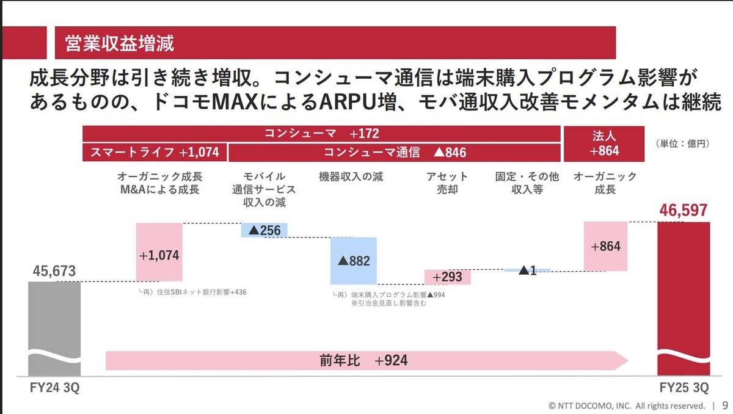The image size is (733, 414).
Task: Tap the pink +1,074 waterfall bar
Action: click(x=159, y=252)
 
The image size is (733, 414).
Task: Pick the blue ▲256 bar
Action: click(x=264, y=230)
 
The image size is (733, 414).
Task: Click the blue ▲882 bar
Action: click(x=354, y=261)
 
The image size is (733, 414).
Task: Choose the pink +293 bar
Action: click(x=448, y=277)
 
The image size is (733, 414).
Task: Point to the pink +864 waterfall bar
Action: click(x=606, y=246)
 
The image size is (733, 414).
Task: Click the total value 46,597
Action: click(x=683, y=211)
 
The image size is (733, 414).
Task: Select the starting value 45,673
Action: click(x=54, y=271)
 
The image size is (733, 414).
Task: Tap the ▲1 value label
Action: click(x=527, y=270)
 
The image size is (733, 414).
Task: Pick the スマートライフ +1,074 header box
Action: click(x=154, y=152)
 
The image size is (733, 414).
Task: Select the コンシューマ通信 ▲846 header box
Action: click(x=395, y=152)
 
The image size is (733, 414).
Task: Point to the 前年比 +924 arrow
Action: click(x=366, y=360)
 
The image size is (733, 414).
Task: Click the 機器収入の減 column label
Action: click(x=351, y=177)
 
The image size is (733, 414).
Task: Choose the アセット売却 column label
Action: click(x=448, y=183)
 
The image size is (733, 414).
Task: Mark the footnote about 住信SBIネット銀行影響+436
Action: click(x=193, y=292)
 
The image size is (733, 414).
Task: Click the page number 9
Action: click(x=724, y=405)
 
